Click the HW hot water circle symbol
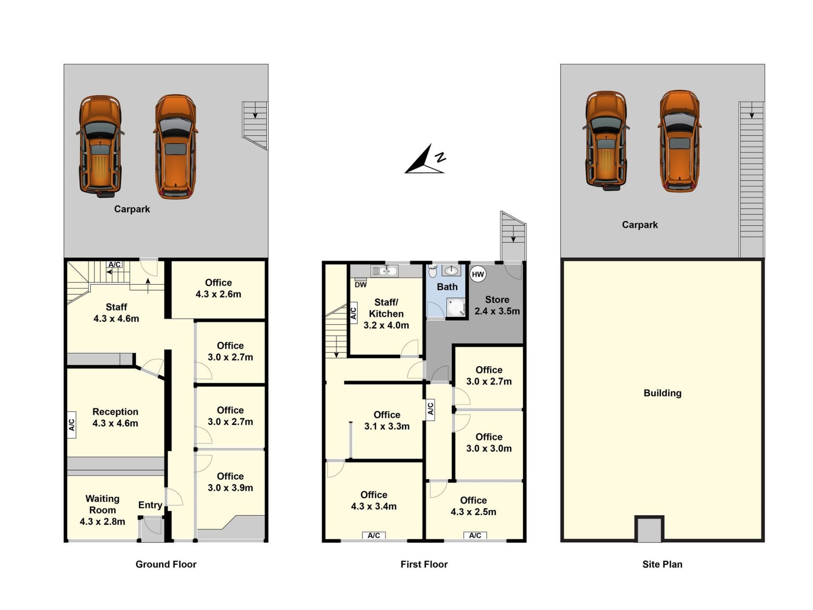(478, 274)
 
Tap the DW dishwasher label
(361, 285)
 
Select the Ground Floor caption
(166, 564)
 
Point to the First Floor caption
(424, 564)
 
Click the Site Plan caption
(662, 564)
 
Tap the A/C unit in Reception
(72, 424)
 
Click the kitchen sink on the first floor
(384, 271)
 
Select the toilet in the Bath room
(432, 271)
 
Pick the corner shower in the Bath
(456, 307)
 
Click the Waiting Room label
(102, 510)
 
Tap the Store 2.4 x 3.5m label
(497, 305)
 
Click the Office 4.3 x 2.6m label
(218, 288)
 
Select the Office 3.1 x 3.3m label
(387, 421)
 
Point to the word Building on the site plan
(662, 393)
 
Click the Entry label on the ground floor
(150, 505)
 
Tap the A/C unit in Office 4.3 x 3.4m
(373, 535)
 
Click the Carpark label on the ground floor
(132, 209)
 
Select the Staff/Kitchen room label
(386, 314)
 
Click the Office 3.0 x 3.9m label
(230, 482)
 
